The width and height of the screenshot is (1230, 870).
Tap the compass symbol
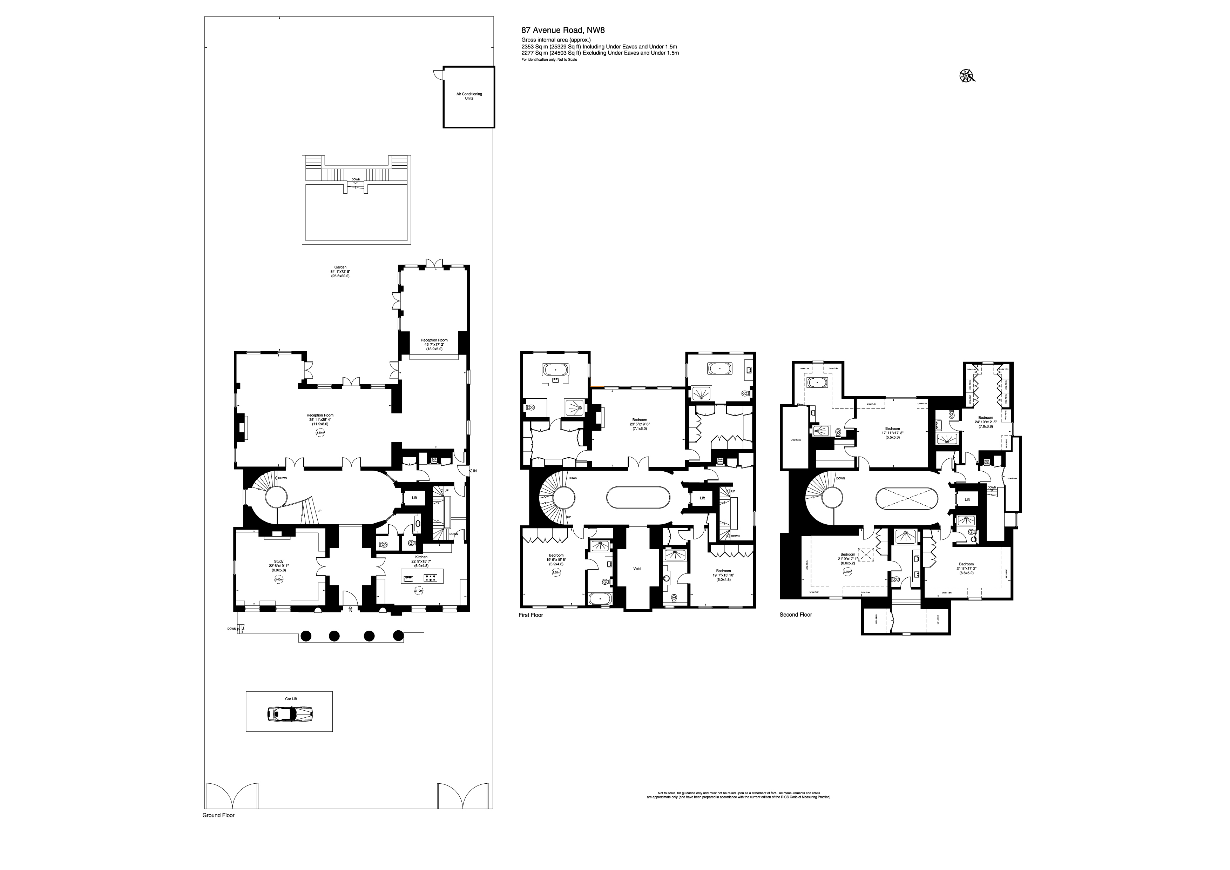pyautogui.click(x=966, y=77)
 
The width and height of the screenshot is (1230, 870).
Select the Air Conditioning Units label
pyautogui.click(x=469, y=96)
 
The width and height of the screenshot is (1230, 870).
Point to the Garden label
pyautogui.click(x=340, y=267)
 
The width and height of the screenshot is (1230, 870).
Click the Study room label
pyautogui.click(x=278, y=561)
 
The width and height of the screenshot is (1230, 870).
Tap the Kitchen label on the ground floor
pyautogui.click(x=421, y=557)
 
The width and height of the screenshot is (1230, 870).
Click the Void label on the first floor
pyautogui.click(x=637, y=569)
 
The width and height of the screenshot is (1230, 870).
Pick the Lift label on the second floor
pyautogui.click(x=967, y=500)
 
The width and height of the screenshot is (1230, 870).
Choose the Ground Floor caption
pyautogui.click(x=218, y=815)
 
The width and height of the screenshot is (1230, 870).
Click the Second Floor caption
pyautogui.click(x=796, y=615)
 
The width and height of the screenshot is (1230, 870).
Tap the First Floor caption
pyautogui.click(x=530, y=615)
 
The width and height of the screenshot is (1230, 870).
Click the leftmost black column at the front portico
pyautogui.click(x=305, y=636)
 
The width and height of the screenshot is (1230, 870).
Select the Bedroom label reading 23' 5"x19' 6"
pyautogui.click(x=639, y=420)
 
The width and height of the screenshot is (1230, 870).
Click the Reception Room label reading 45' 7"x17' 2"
pyautogui.click(x=434, y=340)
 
